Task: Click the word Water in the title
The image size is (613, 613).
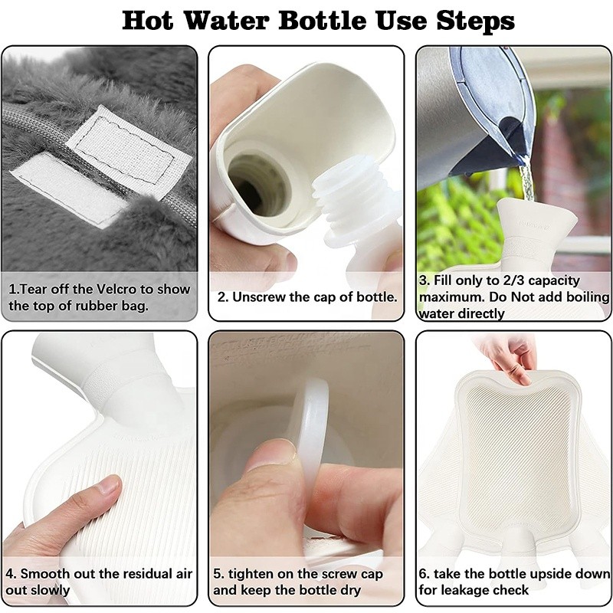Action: (225, 21)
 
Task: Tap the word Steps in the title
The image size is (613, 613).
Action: (475, 21)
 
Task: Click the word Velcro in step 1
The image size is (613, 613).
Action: (116, 290)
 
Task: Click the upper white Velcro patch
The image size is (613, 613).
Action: (128, 144)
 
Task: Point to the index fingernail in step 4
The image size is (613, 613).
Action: (109, 486)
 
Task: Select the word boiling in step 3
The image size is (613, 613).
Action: (585, 297)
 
